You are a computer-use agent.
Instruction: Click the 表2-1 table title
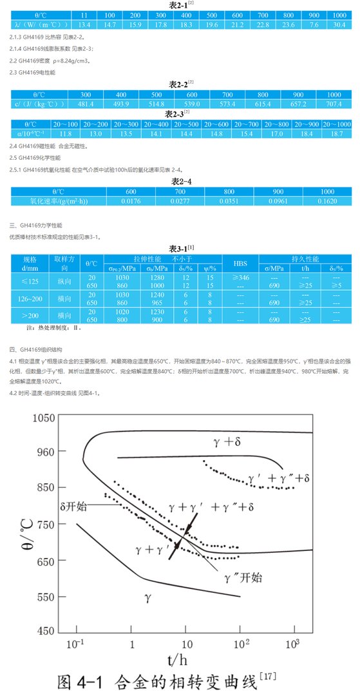tap(177, 5)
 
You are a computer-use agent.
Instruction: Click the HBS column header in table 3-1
tap(240, 264)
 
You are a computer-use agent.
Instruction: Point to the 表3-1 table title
tap(177, 248)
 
